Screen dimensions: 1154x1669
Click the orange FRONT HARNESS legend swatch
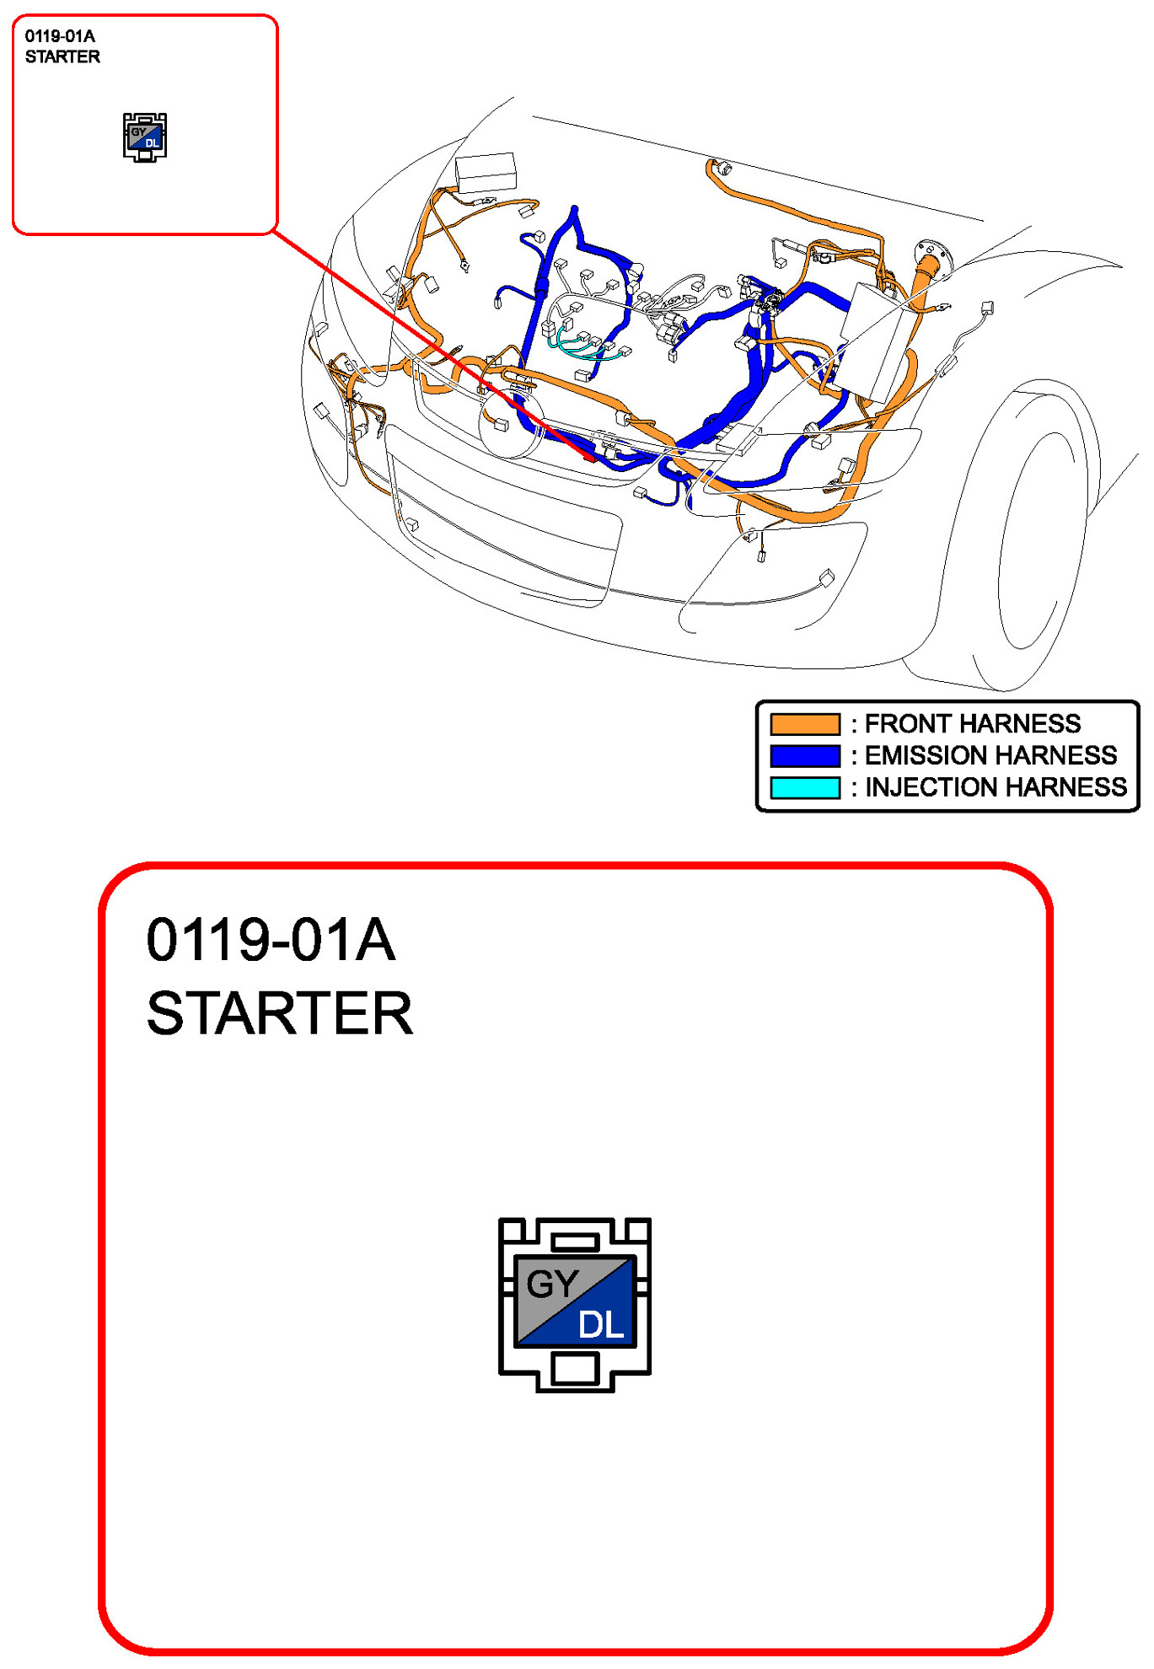coord(805,723)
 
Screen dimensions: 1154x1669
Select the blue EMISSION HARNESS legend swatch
coord(805,755)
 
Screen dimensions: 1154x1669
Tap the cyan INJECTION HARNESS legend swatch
coord(805,787)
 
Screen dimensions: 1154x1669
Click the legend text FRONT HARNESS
coord(973,723)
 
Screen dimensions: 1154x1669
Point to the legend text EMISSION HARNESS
coord(990,755)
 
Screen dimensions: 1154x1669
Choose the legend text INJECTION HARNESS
coord(996,787)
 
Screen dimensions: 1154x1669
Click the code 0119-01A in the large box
coord(271,940)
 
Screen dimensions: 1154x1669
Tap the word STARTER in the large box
coord(280,1013)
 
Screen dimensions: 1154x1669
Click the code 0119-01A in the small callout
coord(60,36)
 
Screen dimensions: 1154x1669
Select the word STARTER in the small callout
coord(62,56)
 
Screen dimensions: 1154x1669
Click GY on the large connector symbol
coord(552,1284)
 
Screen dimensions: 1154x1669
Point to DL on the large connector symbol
coord(601,1325)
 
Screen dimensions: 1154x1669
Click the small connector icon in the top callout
coord(145,137)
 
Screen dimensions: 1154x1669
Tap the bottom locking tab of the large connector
coord(576,1369)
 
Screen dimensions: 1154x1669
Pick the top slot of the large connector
coord(576,1242)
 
